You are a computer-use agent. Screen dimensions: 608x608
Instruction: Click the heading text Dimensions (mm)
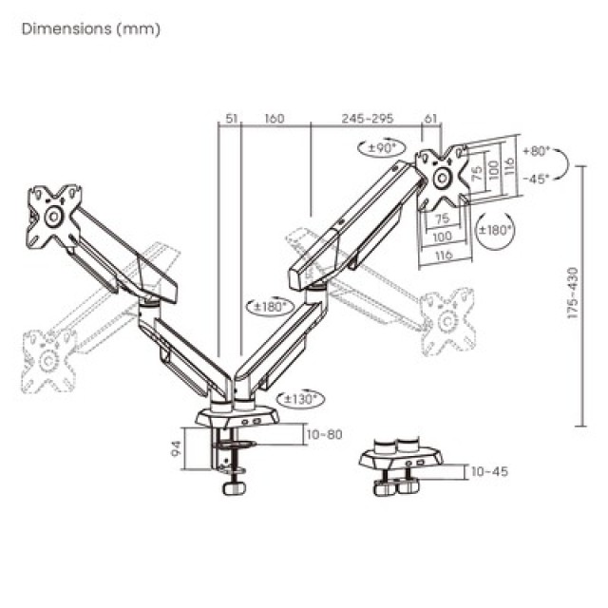tap(91, 28)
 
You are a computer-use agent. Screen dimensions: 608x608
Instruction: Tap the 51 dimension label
tap(230, 119)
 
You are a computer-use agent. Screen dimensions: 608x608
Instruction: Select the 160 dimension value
tap(275, 119)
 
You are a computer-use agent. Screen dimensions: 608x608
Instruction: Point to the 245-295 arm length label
tap(366, 119)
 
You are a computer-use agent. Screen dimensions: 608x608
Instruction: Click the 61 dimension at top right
tap(430, 119)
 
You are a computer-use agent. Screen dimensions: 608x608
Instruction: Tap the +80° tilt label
tap(537, 151)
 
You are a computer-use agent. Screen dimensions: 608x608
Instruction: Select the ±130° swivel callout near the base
tap(301, 399)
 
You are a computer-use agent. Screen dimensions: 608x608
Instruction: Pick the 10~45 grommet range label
tap(487, 471)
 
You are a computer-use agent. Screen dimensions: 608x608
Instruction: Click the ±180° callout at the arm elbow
tap(270, 306)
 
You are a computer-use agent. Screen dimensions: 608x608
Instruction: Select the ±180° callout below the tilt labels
tap(495, 230)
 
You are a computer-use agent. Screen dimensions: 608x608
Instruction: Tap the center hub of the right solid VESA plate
tap(443, 179)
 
